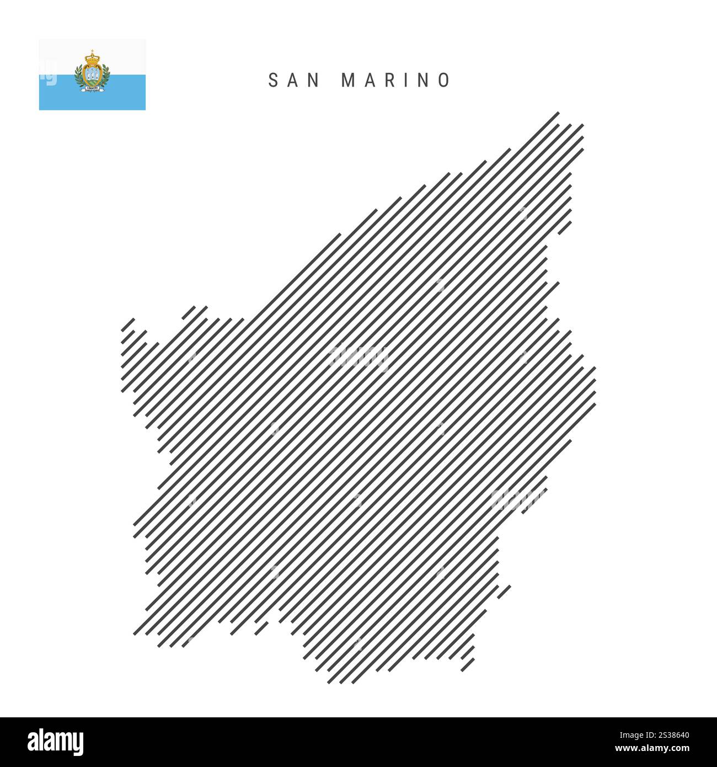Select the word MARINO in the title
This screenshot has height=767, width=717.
[x=396, y=81]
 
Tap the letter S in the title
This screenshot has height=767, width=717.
[x=273, y=81]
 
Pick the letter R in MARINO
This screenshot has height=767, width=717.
[x=388, y=81]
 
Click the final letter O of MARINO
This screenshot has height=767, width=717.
[x=445, y=81]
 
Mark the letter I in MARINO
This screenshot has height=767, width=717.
[x=406, y=81]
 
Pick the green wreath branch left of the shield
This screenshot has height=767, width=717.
[x=79, y=75]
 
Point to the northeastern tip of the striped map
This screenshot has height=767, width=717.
[x=558, y=114]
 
